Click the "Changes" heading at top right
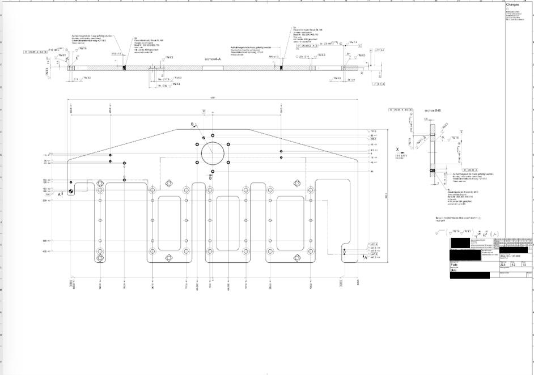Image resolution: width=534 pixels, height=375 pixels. [512, 4]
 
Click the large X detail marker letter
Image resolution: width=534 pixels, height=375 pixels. [397, 149]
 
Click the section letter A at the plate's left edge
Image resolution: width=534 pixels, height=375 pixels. [60, 194]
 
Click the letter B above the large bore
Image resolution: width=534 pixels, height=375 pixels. [192, 124]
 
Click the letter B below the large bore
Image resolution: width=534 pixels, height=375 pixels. [210, 177]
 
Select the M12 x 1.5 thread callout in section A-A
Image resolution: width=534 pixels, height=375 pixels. [116, 54]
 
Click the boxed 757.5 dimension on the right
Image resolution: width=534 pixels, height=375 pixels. [372, 131]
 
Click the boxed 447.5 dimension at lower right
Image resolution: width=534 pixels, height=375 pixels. [374, 254]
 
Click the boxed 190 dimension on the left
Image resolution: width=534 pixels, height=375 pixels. [48, 194]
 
